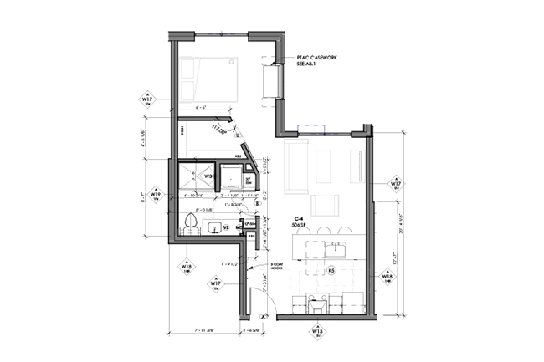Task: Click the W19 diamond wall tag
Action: [x=155, y=195]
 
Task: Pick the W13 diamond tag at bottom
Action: [x=318, y=332]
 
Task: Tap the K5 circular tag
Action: [x=331, y=271]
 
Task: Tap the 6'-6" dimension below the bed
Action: [x=200, y=108]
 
